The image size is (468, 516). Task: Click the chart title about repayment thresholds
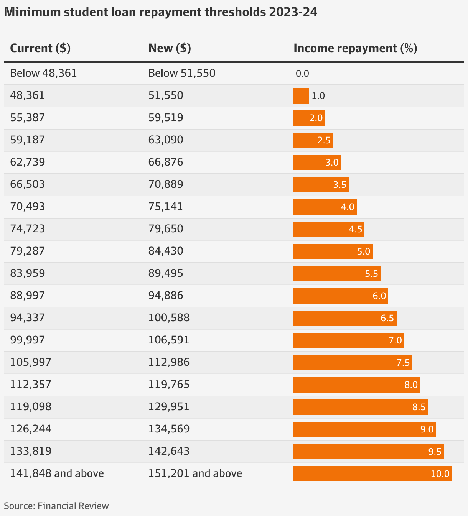click(x=160, y=12)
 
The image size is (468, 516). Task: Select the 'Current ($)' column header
click(x=40, y=48)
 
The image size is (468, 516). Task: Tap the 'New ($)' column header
click(x=170, y=48)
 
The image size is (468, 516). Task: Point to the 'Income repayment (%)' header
click(x=355, y=48)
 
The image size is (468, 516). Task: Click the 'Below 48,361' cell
click(x=43, y=73)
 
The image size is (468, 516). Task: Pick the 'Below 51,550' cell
click(x=182, y=73)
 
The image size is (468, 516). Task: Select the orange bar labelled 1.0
click(x=301, y=96)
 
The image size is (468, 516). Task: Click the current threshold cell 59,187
click(x=28, y=140)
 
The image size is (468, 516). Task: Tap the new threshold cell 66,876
click(x=166, y=162)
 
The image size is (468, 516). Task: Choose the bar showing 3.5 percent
click(x=321, y=185)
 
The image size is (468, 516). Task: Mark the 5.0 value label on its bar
click(x=364, y=251)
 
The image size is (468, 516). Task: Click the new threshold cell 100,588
click(x=169, y=318)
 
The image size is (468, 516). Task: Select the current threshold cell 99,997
click(x=28, y=340)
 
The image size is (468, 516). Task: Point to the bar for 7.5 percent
click(x=352, y=363)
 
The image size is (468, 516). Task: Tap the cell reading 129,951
click(x=169, y=407)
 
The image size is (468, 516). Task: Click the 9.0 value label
click(x=427, y=429)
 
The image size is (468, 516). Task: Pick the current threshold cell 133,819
click(x=31, y=451)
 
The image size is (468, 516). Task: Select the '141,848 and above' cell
click(x=57, y=473)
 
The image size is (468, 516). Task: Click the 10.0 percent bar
click(x=372, y=474)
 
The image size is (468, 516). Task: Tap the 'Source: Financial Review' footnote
click(x=56, y=506)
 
